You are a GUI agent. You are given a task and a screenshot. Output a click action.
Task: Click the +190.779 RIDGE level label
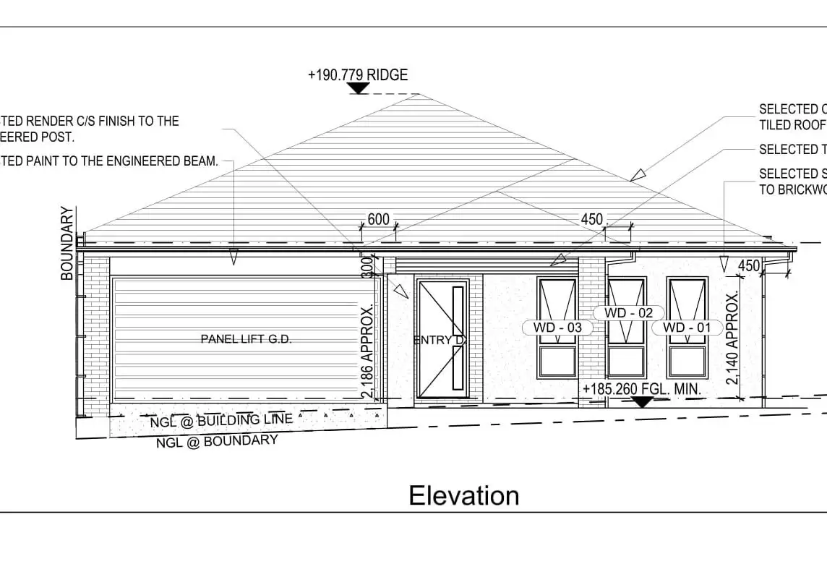(358, 75)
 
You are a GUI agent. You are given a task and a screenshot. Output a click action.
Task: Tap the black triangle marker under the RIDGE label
(358, 88)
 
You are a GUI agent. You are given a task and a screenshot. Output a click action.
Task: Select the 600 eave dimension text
(378, 219)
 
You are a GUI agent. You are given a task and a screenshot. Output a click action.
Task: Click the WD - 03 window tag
(557, 328)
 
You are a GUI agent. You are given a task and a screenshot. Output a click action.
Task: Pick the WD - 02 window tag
(628, 312)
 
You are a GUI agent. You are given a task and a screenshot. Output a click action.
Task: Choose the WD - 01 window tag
(687, 328)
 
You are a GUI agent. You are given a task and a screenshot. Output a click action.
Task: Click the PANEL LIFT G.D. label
(246, 339)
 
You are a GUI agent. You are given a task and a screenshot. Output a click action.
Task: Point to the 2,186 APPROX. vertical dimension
(368, 351)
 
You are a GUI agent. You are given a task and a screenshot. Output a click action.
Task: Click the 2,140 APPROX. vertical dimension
(732, 338)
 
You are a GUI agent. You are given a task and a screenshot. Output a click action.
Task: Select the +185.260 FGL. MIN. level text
(641, 389)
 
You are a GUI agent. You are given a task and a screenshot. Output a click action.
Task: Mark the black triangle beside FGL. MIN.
(640, 401)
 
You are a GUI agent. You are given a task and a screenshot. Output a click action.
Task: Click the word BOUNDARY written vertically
(67, 243)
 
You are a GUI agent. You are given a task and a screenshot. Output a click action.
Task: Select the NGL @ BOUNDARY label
(217, 440)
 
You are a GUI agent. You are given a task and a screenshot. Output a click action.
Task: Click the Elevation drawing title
(463, 496)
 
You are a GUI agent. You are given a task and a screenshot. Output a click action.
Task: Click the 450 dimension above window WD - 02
(592, 219)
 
